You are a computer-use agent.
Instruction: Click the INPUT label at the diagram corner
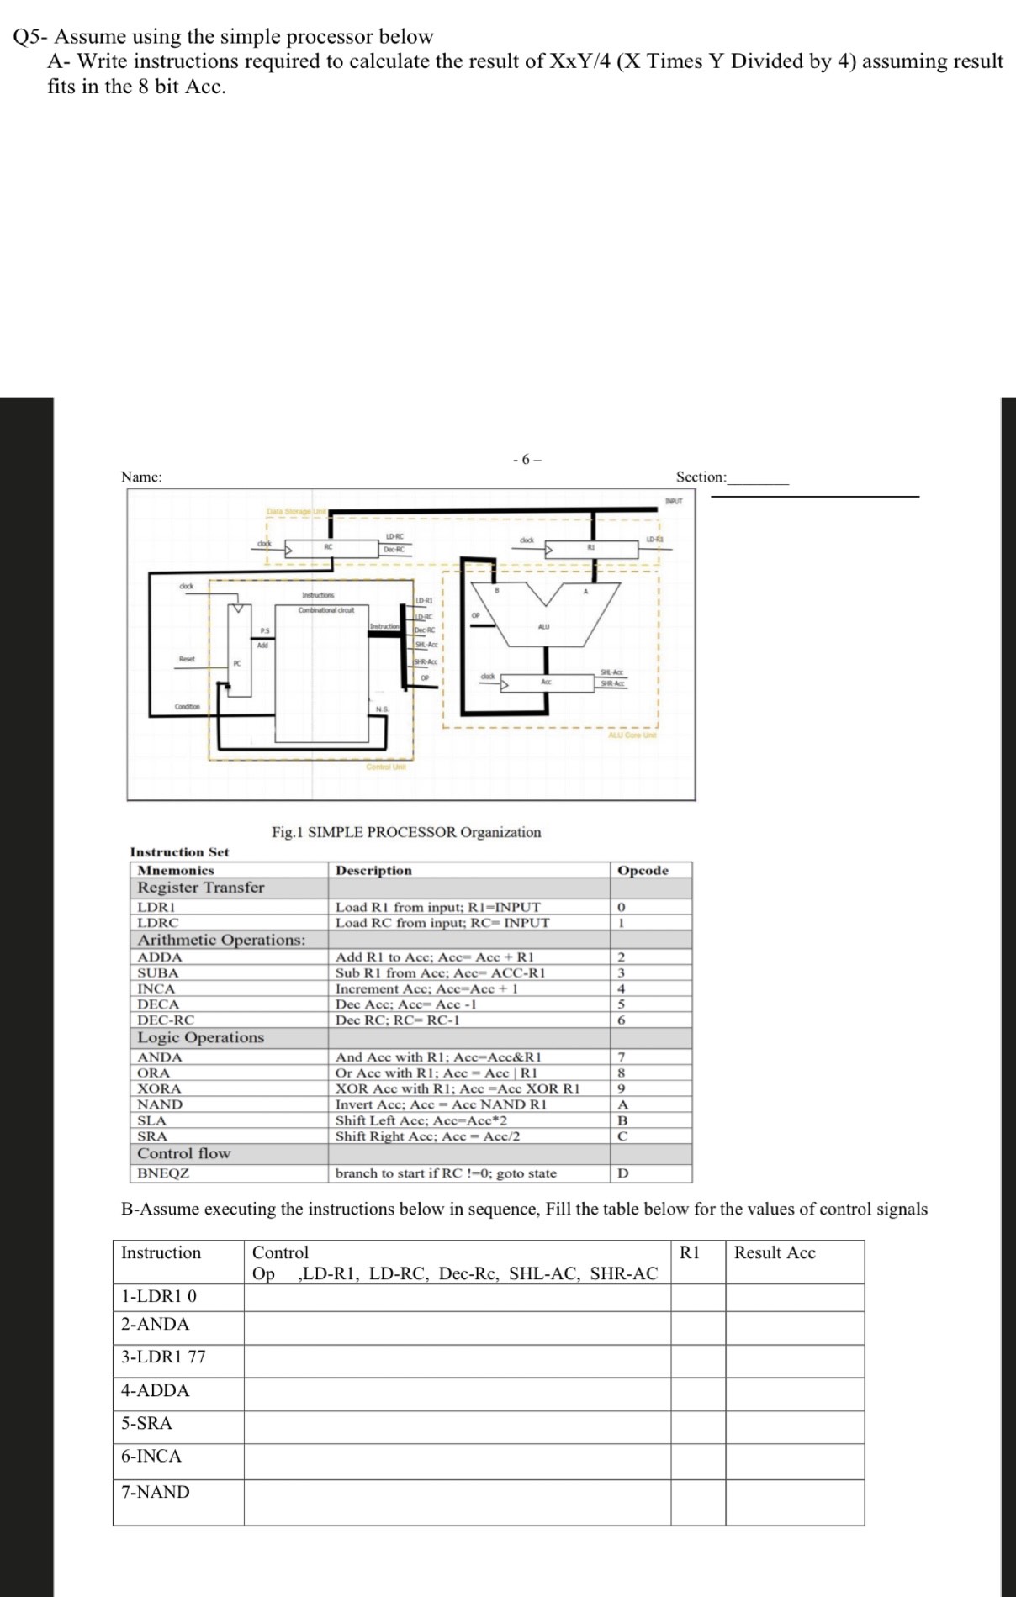(x=674, y=501)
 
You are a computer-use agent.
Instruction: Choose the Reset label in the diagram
(x=187, y=659)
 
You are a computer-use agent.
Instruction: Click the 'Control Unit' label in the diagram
(x=386, y=767)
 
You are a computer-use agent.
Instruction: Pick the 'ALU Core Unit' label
(x=632, y=735)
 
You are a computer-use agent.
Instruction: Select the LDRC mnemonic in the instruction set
(x=158, y=923)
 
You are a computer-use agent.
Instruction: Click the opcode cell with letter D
(x=622, y=1173)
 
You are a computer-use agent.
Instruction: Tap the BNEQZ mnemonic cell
(x=163, y=1173)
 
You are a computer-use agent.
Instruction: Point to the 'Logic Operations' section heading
(x=201, y=1038)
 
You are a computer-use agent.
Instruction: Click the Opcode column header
(x=643, y=871)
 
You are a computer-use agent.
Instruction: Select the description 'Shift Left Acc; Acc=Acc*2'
(x=421, y=1120)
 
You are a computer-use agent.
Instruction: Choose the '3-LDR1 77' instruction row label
(x=163, y=1357)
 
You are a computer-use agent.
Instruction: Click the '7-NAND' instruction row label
(x=156, y=1492)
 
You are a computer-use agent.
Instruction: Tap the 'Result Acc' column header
(x=775, y=1252)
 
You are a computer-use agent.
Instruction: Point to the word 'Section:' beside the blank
(x=701, y=477)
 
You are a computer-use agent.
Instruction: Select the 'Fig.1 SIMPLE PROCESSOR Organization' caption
(x=406, y=832)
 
